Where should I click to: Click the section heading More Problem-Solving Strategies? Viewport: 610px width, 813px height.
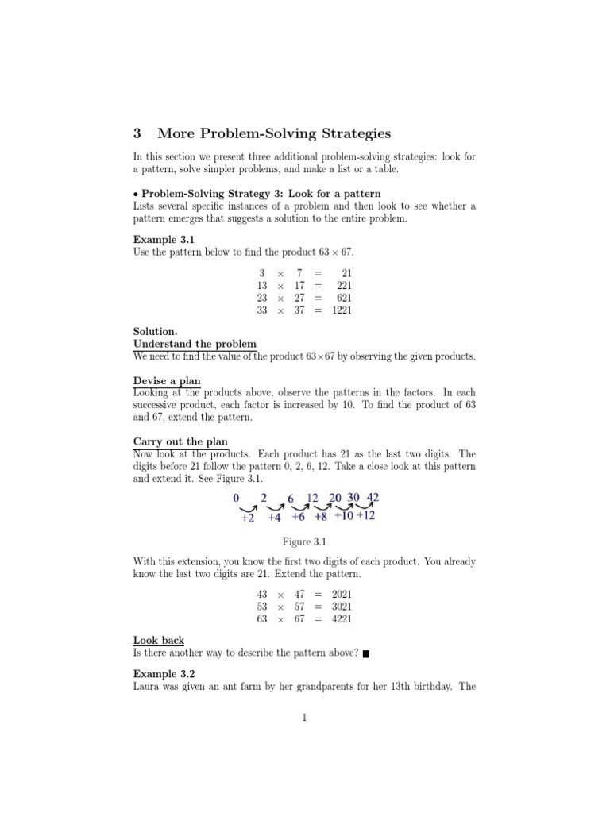tap(274, 133)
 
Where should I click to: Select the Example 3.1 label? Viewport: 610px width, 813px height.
tap(163, 239)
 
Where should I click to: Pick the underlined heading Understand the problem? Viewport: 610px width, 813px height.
tap(195, 344)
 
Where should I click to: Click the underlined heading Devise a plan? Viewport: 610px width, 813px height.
tap(167, 381)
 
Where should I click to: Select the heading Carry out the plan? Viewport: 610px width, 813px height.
tap(180, 441)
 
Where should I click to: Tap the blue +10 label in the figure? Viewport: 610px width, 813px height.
tap(344, 516)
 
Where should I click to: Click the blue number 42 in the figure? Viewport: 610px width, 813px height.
tap(370, 498)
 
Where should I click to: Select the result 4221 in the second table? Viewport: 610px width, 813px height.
tap(342, 618)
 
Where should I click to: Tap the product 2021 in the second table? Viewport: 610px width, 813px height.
tap(342, 593)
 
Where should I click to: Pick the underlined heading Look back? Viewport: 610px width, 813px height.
tap(159, 640)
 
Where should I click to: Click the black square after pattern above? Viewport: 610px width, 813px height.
tap(365, 654)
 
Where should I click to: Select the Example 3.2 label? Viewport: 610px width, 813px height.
tap(163, 673)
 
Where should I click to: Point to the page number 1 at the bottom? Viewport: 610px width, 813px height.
tap(304, 719)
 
